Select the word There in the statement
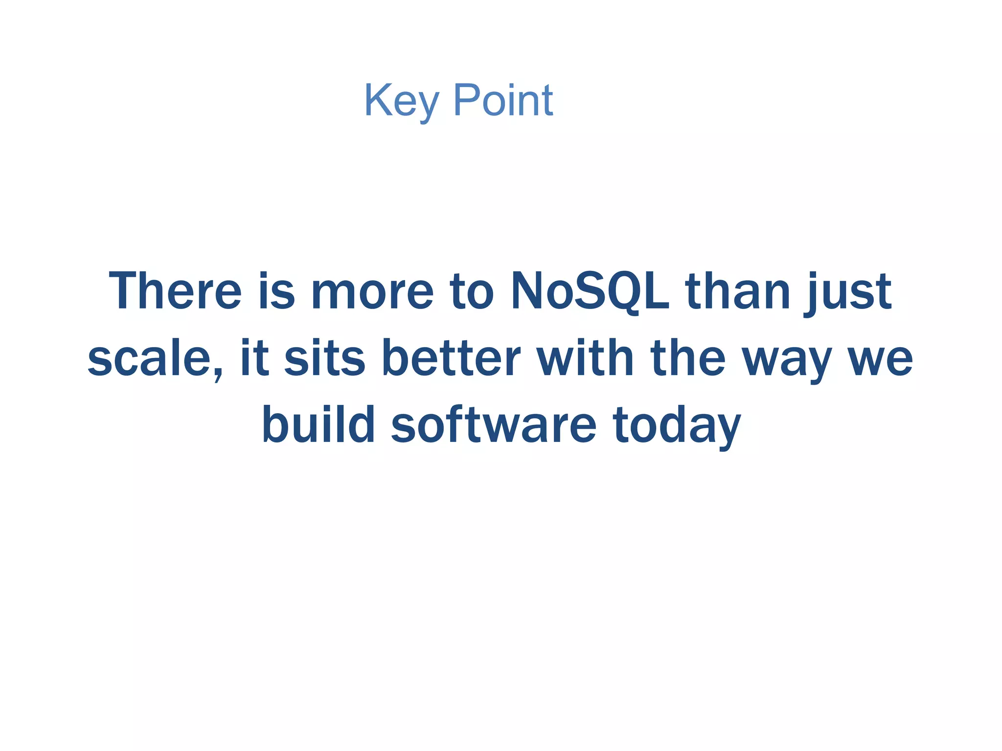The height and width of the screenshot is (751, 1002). coord(175,291)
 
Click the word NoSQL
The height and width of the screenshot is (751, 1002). coord(590,291)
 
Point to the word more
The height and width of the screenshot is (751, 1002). coord(372,292)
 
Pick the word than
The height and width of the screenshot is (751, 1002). coord(738,291)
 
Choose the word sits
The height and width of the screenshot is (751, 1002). coord(324,358)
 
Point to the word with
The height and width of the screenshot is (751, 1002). coord(585,358)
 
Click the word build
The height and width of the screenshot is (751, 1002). coord(319,424)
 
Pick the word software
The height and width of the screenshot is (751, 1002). coord(493,424)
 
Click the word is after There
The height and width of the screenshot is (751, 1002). coord(277,291)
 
